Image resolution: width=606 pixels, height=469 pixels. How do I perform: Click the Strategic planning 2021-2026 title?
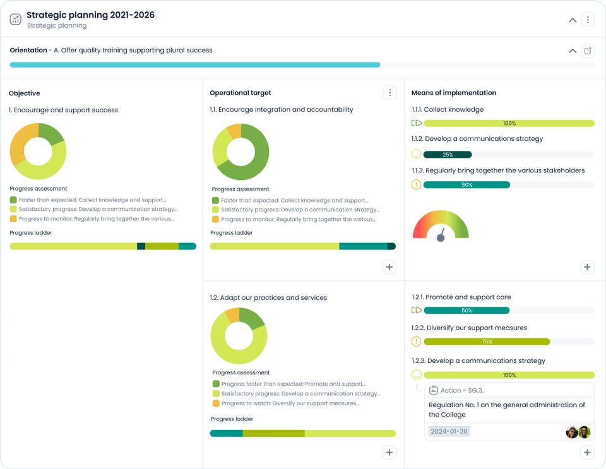(90, 15)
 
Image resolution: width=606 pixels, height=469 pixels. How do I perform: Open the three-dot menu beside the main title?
(588, 20)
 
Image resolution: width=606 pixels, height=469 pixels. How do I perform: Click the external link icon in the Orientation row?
(588, 50)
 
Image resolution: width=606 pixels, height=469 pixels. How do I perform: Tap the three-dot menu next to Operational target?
(390, 93)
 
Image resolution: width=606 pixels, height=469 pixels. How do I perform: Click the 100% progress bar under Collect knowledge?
(509, 124)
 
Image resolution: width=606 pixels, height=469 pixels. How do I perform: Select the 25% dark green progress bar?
(448, 155)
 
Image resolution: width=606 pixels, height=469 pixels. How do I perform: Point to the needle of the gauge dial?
(441, 235)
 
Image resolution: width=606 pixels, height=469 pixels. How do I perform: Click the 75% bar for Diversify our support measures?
(487, 341)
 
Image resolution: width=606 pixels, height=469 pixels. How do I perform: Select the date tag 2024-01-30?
(449, 432)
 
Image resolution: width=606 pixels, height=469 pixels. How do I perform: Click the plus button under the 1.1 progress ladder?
(389, 267)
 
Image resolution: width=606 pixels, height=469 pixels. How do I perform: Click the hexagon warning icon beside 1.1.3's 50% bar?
(416, 185)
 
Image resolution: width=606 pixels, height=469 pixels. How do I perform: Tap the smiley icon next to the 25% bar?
(416, 155)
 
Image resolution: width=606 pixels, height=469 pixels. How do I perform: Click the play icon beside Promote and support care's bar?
(416, 311)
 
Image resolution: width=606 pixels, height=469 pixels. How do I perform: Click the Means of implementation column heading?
(453, 93)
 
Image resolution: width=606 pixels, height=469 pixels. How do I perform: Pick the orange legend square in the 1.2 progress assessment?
(216, 403)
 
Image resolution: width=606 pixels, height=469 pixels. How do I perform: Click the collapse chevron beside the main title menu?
(573, 20)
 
